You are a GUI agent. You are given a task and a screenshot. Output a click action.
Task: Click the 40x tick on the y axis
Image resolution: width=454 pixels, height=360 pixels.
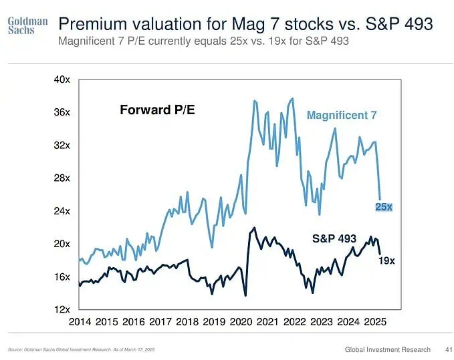click(x=62, y=79)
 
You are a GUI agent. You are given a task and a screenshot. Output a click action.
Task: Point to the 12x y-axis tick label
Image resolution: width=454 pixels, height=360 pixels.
click(x=62, y=309)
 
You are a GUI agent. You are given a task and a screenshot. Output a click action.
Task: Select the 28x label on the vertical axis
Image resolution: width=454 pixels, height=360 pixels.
click(x=62, y=178)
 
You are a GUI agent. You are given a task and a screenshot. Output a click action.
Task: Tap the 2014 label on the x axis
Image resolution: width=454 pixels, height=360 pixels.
click(x=80, y=322)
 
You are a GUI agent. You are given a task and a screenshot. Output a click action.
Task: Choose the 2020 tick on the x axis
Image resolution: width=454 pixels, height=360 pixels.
click(x=241, y=322)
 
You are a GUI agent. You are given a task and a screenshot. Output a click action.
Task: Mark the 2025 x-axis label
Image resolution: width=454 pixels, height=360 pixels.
click(x=375, y=322)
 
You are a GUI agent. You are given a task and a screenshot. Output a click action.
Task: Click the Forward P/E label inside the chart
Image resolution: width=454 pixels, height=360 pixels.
click(x=157, y=109)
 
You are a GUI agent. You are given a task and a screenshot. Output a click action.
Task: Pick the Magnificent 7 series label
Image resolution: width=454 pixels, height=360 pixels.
click(x=342, y=115)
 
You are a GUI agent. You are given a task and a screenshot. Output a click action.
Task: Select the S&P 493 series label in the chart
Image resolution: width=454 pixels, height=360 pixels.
click(x=334, y=238)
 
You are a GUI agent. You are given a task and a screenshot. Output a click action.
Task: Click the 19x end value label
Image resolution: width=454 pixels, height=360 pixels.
click(x=386, y=261)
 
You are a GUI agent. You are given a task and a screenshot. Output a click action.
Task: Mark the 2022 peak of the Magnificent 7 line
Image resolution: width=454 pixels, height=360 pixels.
click(x=292, y=99)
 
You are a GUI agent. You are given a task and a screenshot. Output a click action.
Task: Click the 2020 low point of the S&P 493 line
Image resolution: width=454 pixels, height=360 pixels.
click(x=245, y=295)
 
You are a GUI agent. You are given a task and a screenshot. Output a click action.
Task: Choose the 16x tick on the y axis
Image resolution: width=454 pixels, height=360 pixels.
click(x=62, y=277)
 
